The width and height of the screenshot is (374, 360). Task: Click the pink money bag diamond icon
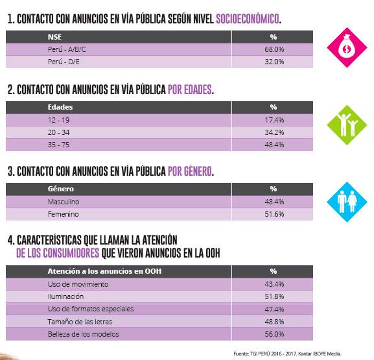pyautogui.click(x=347, y=47)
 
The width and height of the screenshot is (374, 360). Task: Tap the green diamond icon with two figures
pyautogui.click(x=347, y=125)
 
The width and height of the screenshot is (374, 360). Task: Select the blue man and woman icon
pyautogui.click(x=347, y=202)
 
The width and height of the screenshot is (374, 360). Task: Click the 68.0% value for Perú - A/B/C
pyautogui.click(x=274, y=49)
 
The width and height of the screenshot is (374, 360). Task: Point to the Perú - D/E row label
pyautogui.click(x=64, y=62)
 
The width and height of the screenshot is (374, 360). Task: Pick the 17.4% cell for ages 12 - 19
pyautogui.click(x=274, y=120)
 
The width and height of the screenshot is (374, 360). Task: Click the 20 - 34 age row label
pyautogui.click(x=59, y=132)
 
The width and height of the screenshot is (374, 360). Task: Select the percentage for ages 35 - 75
pyautogui.click(x=274, y=145)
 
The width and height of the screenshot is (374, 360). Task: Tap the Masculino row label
pyautogui.click(x=64, y=202)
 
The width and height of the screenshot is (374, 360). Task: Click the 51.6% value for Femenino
pyautogui.click(x=274, y=214)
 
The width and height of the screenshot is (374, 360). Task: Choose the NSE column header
pyautogui.click(x=54, y=37)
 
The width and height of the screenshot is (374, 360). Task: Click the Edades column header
pyautogui.click(x=60, y=107)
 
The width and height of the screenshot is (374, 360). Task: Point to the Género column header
pyautogui.click(x=61, y=189)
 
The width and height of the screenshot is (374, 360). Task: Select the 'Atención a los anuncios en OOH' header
pyautogui.click(x=104, y=271)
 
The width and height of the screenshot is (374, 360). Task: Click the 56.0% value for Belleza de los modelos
pyautogui.click(x=274, y=334)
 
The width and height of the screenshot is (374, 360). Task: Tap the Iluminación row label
pyautogui.click(x=65, y=296)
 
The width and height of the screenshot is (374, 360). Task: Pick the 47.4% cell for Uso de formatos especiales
pyautogui.click(x=274, y=309)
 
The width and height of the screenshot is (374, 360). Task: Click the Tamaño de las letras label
pyautogui.click(x=80, y=322)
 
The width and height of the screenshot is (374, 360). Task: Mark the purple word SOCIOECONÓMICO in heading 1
pyautogui.click(x=248, y=19)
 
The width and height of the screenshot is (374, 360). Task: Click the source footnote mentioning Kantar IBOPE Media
pyautogui.click(x=287, y=354)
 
